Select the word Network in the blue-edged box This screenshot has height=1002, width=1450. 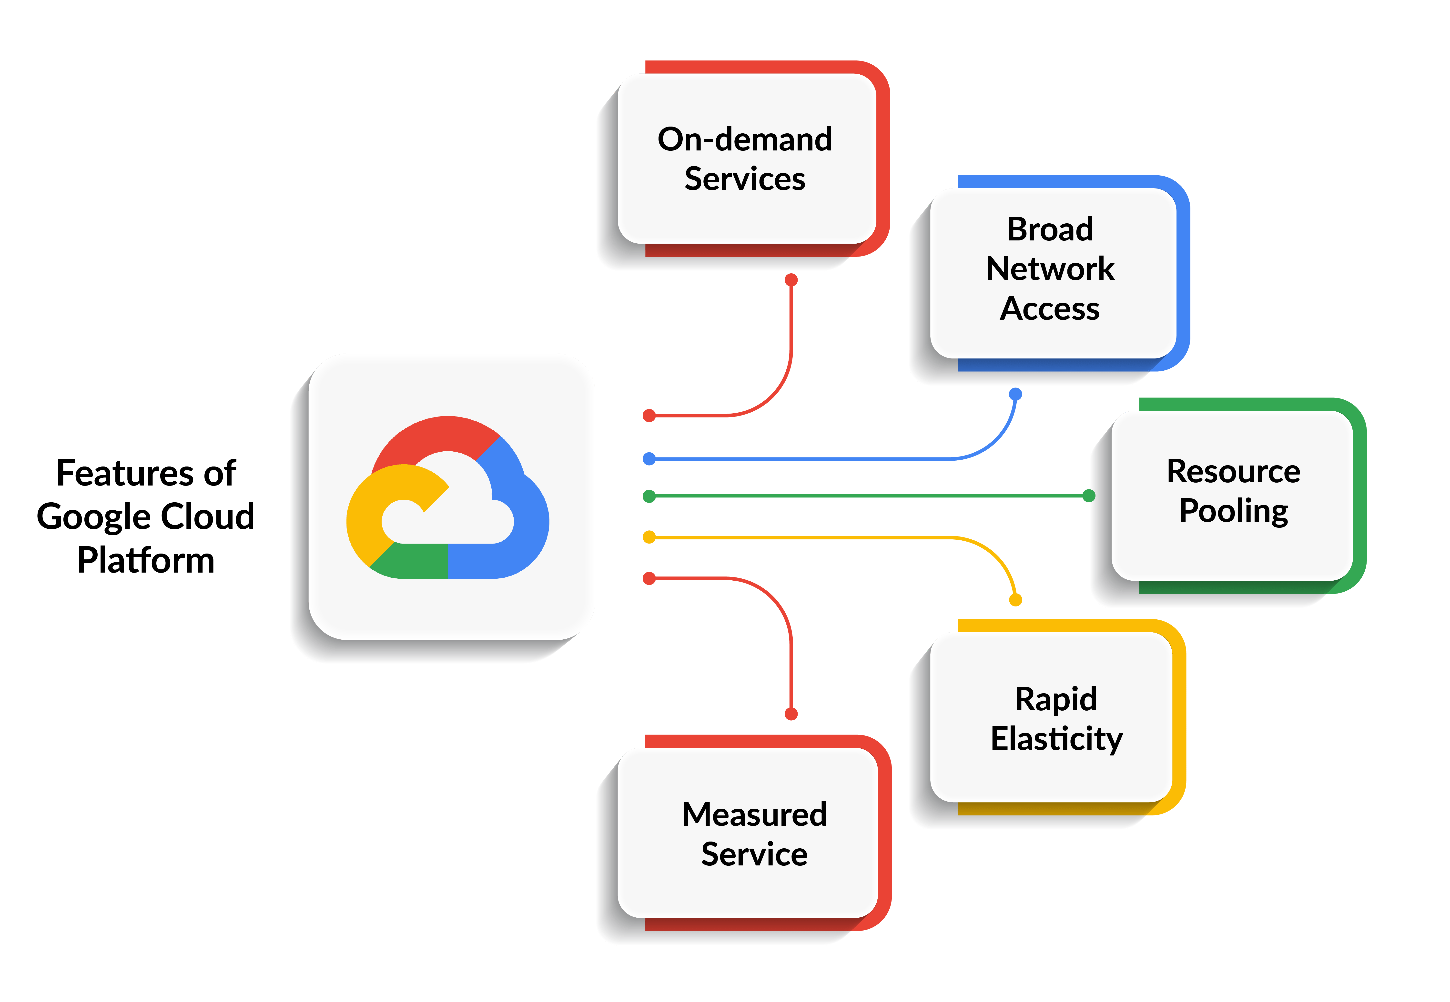click(x=1050, y=269)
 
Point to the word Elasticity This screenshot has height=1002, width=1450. click(x=1056, y=739)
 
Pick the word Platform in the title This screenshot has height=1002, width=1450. click(x=146, y=560)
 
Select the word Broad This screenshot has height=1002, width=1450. click(x=1050, y=229)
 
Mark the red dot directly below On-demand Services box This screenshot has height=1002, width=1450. click(x=791, y=280)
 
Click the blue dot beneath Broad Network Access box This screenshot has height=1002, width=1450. click(x=1015, y=394)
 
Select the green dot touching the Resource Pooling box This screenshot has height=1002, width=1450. click(x=1089, y=496)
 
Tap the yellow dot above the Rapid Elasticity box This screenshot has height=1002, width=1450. click(x=1015, y=600)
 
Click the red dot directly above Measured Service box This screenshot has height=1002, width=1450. click(x=791, y=714)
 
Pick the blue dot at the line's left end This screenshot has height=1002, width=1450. click(x=649, y=459)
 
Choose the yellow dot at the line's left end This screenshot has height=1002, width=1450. click(x=649, y=537)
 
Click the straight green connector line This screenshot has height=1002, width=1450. click(x=867, y=496)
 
